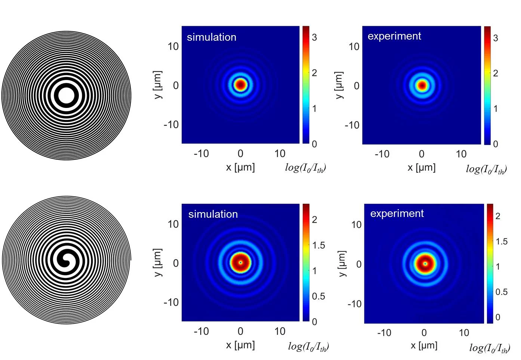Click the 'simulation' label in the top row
(212, 37)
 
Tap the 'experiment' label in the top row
(394, 36)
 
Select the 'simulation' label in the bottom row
(213, 214)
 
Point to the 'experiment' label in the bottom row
(397, 214)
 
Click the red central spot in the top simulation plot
(240, 85)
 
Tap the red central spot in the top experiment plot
(422, 86)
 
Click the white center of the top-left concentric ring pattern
(67, 96)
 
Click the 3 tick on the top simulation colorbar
(314, 37)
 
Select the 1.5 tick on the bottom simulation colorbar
(318, 245)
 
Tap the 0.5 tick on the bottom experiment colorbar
(502, 292)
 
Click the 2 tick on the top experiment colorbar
(496, 73)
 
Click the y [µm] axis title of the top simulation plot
(158, 85)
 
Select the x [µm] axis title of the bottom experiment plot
(424, 345)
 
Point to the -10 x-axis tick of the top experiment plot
(382, 154)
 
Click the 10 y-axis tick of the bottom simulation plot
(173, 224)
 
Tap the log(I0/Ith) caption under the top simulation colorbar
(305, 168)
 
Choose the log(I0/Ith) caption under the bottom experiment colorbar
(490, 348)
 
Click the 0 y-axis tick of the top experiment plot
(357, 86)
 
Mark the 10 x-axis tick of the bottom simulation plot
(280, 331)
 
